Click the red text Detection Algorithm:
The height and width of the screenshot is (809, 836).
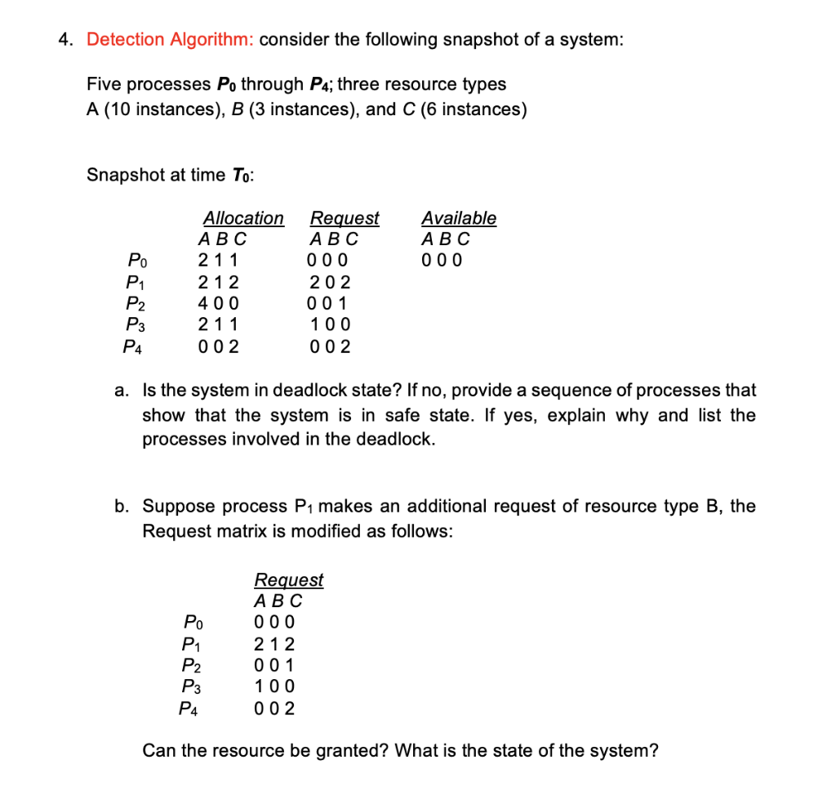[170, 39]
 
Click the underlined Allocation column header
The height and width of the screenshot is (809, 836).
[243, 218]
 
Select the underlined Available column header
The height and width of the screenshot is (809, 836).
[458, 218]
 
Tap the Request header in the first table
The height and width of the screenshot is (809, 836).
[345, 218]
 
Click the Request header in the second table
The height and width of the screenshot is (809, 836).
[288, 579]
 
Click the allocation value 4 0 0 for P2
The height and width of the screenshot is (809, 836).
[219, 303]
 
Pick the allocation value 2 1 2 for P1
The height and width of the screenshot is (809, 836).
[219, 283]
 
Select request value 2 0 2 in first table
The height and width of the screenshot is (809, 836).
[331, 283]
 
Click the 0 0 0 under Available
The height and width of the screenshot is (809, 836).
[442, 261]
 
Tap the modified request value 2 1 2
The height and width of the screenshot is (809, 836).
[274, 644]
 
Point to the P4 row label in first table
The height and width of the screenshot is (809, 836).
[131, 347]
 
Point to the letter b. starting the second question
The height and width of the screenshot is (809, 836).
[122, 506]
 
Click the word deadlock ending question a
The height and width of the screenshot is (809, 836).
[398, 440]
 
